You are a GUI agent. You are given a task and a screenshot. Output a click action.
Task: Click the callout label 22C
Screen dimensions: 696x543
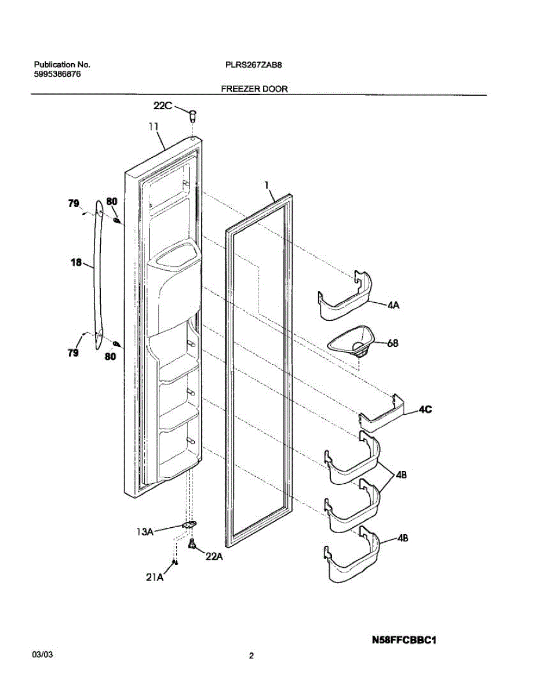click(163, 106)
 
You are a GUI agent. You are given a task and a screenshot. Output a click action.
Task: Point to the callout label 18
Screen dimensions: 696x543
click(76, 263)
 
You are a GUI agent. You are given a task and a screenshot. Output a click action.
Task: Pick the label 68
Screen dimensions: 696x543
click(393, 343)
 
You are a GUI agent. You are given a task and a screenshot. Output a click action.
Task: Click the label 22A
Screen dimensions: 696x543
click(214, 557)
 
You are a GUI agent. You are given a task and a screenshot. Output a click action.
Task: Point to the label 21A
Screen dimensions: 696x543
click(155, 577)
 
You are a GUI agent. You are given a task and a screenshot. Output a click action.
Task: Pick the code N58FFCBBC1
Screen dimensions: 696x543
click(403, 641)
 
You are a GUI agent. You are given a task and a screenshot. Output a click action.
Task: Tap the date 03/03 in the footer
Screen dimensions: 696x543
click(43, 654)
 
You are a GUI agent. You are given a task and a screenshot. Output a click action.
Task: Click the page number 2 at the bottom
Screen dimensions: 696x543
click(251, 656)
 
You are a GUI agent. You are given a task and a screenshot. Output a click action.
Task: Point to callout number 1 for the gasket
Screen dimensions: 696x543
click(267, 185)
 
